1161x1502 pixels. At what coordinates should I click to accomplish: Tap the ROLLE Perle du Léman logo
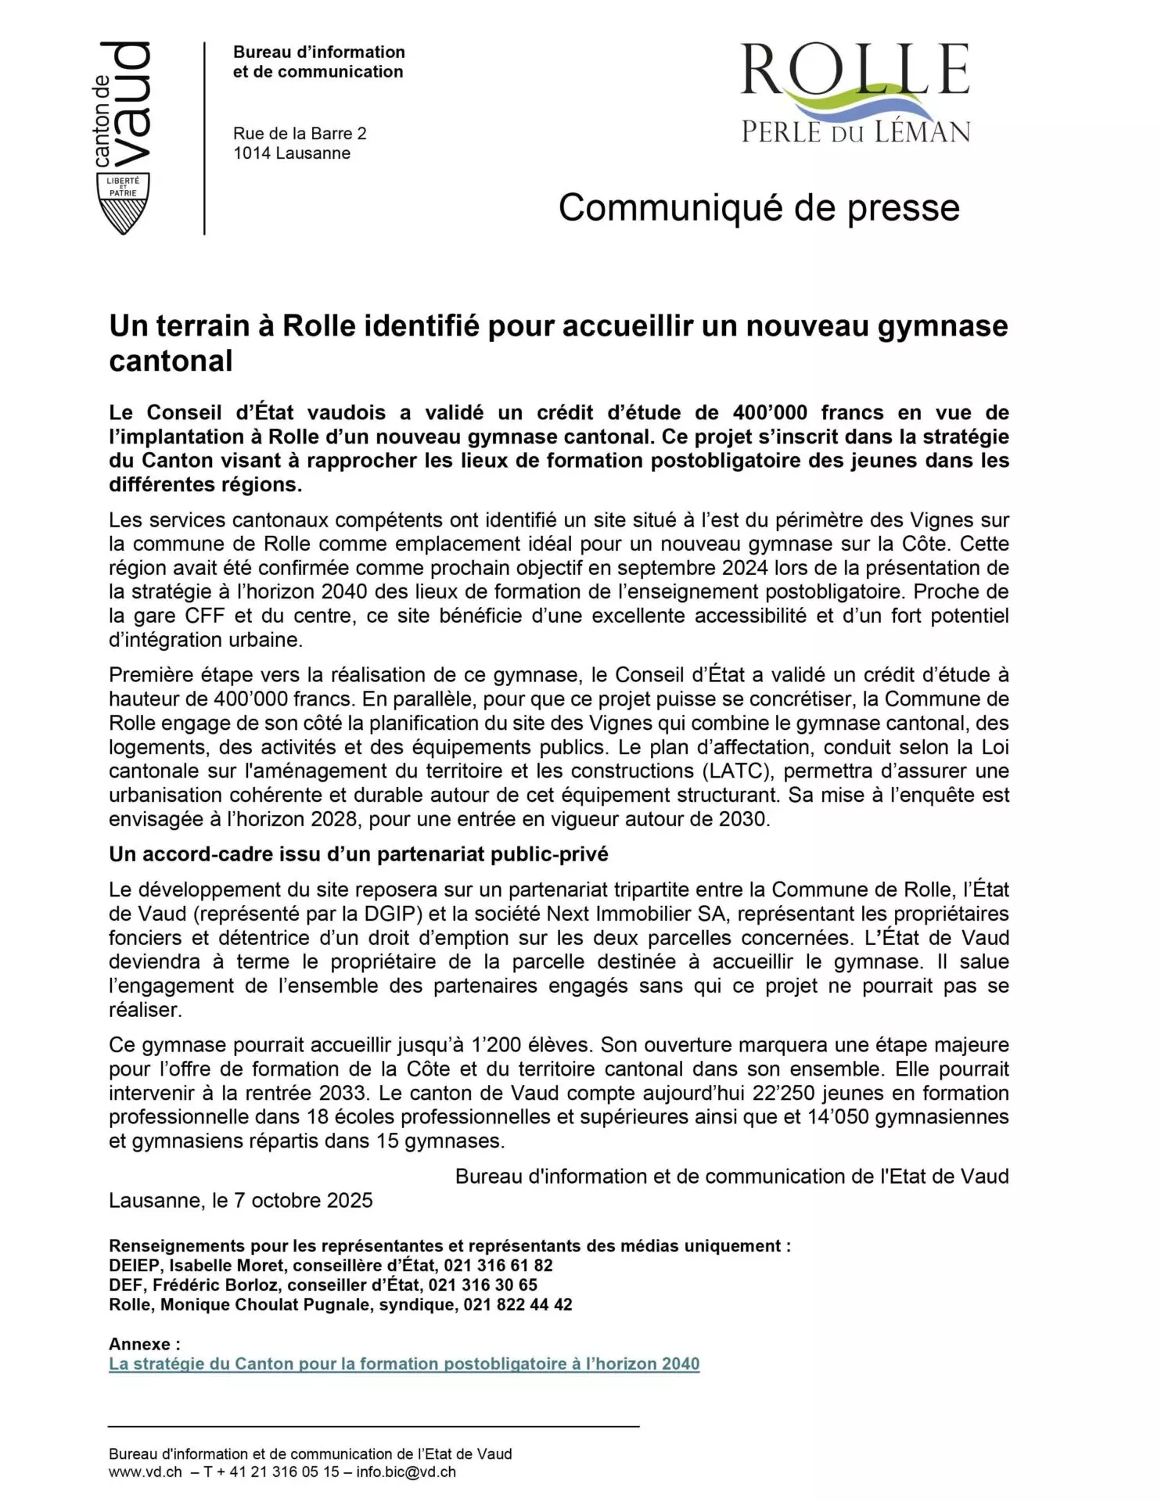[855, 93]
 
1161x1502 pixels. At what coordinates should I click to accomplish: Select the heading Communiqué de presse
[758, 208]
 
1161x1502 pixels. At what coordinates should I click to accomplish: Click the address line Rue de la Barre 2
[300, 134]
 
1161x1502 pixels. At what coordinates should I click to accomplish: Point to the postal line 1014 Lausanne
[291, 153]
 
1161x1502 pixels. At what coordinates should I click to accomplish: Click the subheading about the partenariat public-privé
[358, 854]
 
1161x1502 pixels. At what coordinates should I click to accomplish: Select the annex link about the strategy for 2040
[404, 1364]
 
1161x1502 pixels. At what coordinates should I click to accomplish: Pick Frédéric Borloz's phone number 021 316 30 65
[483, 1285]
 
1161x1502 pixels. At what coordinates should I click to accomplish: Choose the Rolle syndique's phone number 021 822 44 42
[517, 1305]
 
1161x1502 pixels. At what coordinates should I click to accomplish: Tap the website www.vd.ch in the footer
[145, 1471]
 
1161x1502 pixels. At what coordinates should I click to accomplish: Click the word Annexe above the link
[140, 1344]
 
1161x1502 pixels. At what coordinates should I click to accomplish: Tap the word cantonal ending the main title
[171, 361]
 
